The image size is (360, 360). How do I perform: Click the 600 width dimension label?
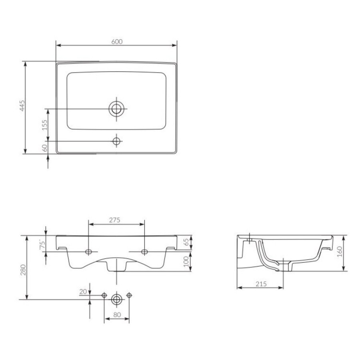(117, 42)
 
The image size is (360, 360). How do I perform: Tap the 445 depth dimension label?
(22, 105)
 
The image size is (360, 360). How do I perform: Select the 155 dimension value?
(45, 125)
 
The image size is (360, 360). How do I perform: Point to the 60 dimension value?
(45, 148)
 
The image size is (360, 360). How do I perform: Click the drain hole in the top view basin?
(116, 108)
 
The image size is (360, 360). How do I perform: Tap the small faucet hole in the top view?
(116, 141)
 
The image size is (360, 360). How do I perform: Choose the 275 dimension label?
(114, 220)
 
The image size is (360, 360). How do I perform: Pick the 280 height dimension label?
(23, 270)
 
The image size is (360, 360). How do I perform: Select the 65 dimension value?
(186, 242)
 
